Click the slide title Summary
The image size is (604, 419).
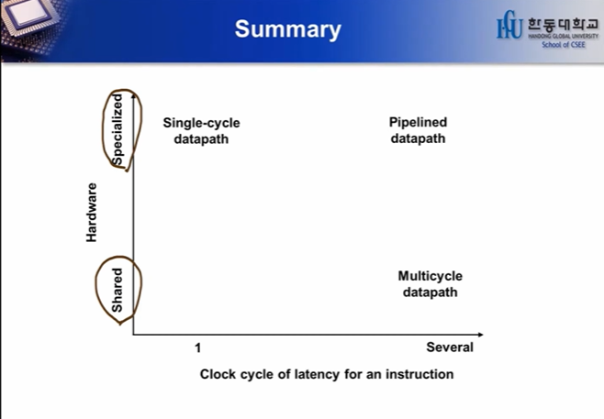pyautogui.click(x=287, y=29)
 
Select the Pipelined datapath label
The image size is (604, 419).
pyautogui.click(x=418, y=130)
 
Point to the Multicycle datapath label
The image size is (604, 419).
pyautogui.click(x=430, y=284)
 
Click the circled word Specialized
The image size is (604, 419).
pyautogui.click(x=117, y=129)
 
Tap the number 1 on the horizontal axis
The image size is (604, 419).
pyautogui.click(x=197, y=347)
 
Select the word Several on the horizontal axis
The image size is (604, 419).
pyautogui.click(x=450, y=347)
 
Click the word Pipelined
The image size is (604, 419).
pyautogui.click(x=418, y=122)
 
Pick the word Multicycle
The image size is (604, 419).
pyautogui.click(x=430, y=276)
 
